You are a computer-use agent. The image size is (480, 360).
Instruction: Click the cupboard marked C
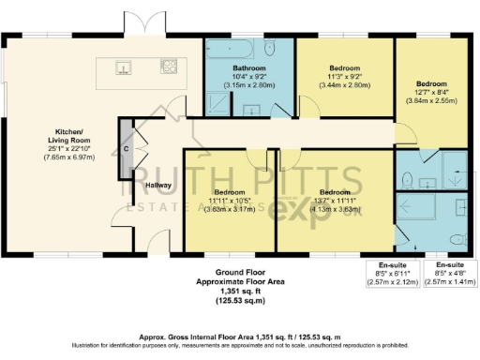(127, 150)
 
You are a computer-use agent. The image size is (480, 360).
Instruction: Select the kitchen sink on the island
(123, 67)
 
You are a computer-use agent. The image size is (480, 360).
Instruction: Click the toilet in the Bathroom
(270, 49)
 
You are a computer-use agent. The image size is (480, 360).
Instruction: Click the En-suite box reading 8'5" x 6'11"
(393, 272)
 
